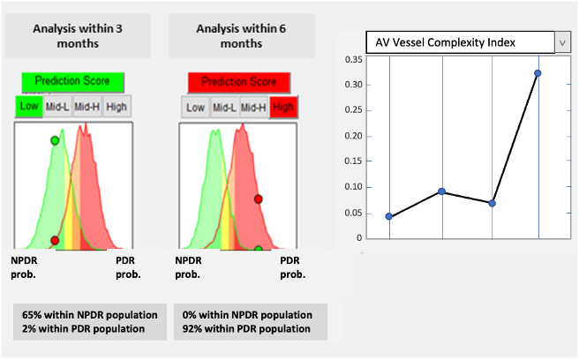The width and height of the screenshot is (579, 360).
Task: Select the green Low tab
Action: click(x=29, y=107)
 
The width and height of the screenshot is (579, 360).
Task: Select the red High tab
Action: click(x=284, y=108)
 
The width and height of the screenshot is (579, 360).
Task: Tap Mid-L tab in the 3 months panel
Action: click(x=57, y=107)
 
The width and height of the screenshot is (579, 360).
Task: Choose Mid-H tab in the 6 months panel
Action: click(x=253, y=108)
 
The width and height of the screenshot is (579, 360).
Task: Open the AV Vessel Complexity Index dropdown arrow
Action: click(x=562, y=41)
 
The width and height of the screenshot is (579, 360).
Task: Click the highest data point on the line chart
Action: click(x=538, y=73)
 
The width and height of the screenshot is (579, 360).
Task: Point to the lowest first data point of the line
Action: click(x=389, y=216)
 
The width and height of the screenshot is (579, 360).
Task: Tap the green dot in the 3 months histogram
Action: click(x=55, y=140)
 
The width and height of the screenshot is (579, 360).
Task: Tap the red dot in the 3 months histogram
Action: click(x=55, y=240)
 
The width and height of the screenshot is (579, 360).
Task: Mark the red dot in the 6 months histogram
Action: click(x=259, y=199)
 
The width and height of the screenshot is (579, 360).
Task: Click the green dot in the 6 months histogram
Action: click(x=259, y=249)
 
